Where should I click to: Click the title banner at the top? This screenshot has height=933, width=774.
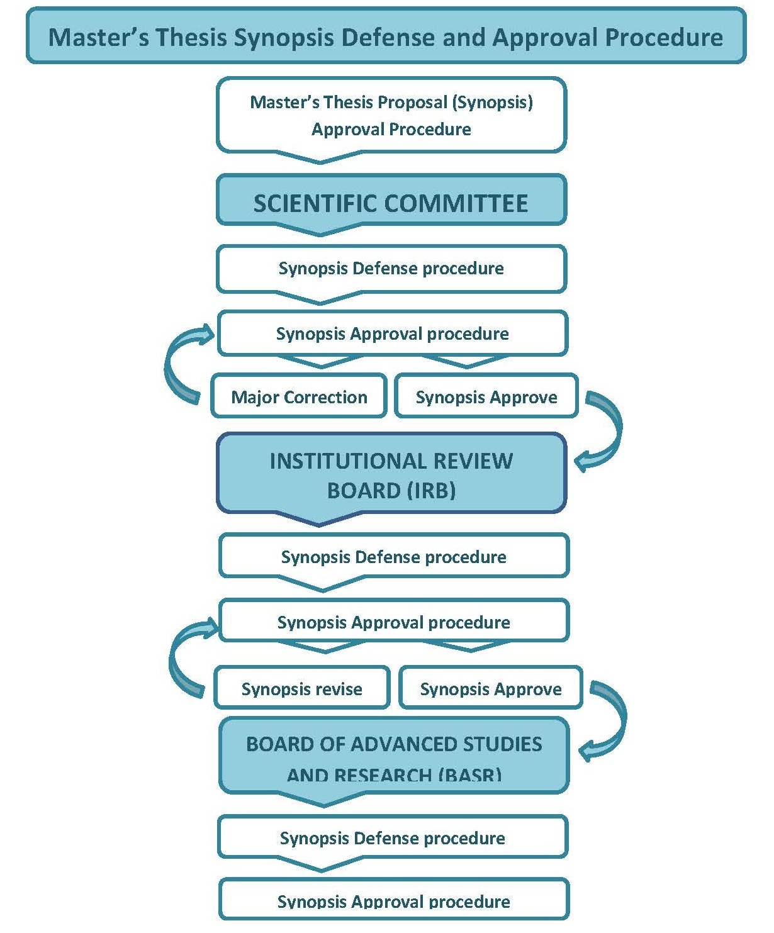coord(386,36)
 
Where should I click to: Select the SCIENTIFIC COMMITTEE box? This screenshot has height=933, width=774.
coord(391,201)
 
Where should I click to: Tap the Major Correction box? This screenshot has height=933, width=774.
coord(299,396)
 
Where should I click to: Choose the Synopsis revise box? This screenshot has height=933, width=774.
coord(301,688)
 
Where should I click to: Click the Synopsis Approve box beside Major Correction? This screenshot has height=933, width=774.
coord(486,396)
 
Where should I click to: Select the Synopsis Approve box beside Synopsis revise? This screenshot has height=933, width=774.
coord(490,688)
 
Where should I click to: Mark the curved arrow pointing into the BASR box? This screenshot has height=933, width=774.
coord(607,723)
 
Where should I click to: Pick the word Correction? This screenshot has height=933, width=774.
coord(325,397)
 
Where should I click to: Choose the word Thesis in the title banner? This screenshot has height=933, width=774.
coord(191,37)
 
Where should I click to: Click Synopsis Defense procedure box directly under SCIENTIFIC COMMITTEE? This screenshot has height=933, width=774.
coord(391,269)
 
